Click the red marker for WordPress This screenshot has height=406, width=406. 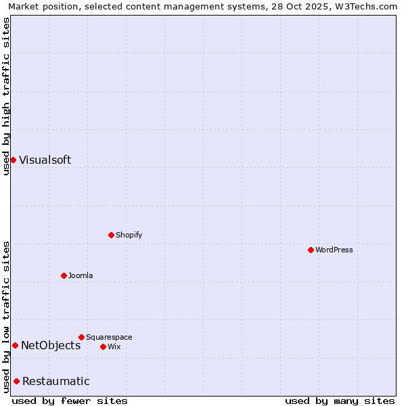point(311,250)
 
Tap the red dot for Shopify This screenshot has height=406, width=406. point(111,235)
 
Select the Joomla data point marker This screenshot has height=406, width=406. point(64,275)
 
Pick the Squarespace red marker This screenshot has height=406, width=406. point(81,337)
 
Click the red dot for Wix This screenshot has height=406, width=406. point(103,346)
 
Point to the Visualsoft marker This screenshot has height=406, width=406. point(13,160)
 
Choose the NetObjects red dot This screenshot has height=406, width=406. point(15,345)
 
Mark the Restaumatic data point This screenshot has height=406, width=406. point(16,381)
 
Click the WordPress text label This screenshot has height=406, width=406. point(334,250)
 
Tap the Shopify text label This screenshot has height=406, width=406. point(129,235)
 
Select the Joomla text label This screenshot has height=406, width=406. point(81,275)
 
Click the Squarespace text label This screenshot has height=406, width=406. point(109,337)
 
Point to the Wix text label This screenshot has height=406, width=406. point(114,346)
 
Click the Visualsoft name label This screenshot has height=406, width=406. point(45,160)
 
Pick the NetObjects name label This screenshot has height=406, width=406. point(51,345)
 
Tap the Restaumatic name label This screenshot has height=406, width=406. point(55,381)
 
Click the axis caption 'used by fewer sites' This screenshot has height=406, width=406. point(70,401)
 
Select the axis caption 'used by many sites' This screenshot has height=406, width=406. point(340,401)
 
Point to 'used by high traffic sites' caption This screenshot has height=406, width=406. point(6,96)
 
